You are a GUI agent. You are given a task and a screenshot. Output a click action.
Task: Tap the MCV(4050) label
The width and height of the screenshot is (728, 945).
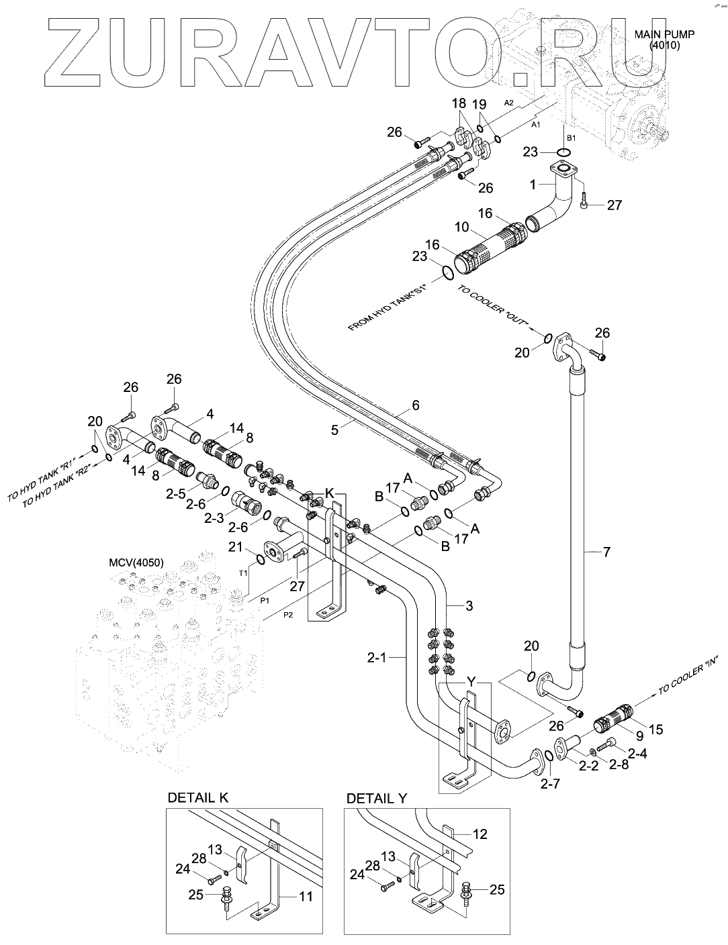136,562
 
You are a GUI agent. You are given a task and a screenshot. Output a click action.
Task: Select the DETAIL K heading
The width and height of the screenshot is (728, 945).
197,797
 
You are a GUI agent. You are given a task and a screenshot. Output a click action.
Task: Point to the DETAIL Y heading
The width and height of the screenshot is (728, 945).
377,798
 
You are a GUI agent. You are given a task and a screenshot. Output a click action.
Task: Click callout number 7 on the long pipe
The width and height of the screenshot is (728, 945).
606,552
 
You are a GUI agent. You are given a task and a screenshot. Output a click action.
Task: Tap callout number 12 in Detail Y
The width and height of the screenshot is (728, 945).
480,834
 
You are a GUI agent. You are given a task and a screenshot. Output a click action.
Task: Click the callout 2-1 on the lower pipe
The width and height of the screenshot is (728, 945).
394,658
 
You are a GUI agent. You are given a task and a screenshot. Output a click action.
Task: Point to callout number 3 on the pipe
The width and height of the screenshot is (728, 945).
469,606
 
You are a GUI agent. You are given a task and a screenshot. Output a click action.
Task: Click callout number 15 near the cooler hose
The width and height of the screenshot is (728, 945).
655,729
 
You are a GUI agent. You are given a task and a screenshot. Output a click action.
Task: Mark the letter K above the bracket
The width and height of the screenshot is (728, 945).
330,493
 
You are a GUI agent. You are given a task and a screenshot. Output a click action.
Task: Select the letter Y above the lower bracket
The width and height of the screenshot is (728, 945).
471,681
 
